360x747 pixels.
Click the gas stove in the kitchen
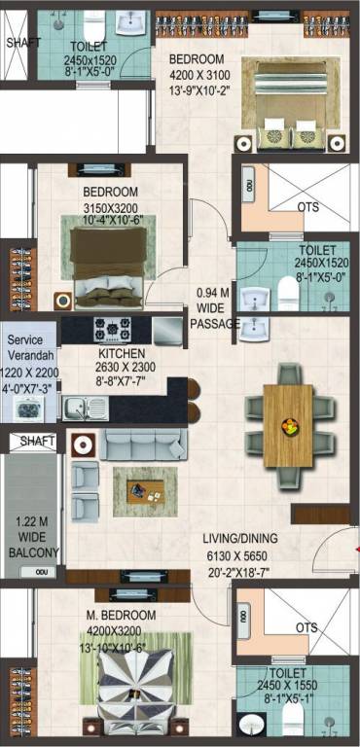(113, 328)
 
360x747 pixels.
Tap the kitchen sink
(86, 409)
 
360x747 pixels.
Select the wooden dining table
(288, 425)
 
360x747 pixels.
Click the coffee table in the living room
(145, 491)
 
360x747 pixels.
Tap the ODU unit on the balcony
(37, 572)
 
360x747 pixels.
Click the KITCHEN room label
(122, 353)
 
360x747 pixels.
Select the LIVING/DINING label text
(240, 538)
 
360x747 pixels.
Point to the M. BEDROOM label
(121, 615)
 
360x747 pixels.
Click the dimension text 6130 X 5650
(237, 556)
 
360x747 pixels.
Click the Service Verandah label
(31, 348)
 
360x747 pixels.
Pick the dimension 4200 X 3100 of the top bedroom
(199, 75)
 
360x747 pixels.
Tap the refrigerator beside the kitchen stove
(167, 331)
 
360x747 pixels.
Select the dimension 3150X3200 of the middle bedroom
(110, 208)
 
